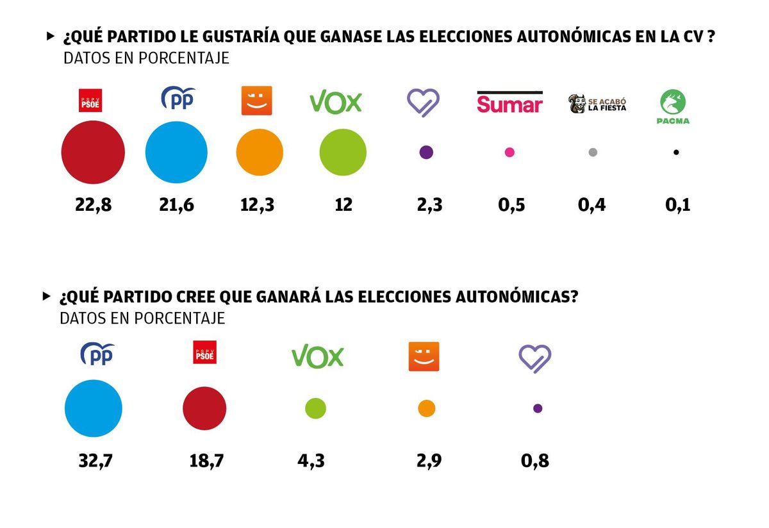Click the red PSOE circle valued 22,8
click(x=93, y=153)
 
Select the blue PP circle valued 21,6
click(x=176, y=153)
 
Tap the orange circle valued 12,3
click(x=260, y=153)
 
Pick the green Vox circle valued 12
click(x=343, y=153)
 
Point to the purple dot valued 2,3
click(x=426, y=153)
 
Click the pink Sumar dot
click(x=509, y=153)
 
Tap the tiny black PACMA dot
click(x=676, y=153)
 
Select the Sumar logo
click(x=509, y=103)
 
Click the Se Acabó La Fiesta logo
click(x=597, y=103)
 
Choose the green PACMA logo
click(x=673, y=106)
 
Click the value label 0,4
click(x=591, y=205)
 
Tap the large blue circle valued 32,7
click(x=94, y=408)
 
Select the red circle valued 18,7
click(x=204, y=408)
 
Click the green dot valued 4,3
click(x=315, y=408)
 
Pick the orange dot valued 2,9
click(x=427, y=408)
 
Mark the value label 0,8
click(x=534, y=461)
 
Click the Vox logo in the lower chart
click(x=317, y=357)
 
